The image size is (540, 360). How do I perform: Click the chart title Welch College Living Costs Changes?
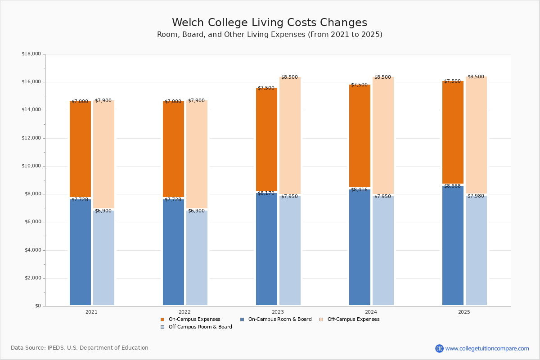tap(270, 22)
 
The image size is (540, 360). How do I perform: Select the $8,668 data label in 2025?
tap(453, 186)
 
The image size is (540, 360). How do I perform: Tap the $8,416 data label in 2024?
tap(359, 190)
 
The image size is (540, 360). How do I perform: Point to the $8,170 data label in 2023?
tap(266, 193)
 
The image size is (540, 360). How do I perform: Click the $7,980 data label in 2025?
tap(476, 196)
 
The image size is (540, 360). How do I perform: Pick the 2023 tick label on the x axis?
tap(278, 312)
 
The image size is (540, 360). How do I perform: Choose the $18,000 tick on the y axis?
tap(31, 54)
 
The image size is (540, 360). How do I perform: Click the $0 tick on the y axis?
tap(38, 306)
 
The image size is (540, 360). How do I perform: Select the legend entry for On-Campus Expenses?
tap(190, 319)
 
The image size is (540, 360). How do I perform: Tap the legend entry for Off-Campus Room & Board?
tap(196, 327)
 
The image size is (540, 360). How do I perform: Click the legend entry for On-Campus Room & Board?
tap(276, 319)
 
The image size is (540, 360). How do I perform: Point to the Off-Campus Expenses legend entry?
tap(350, 319)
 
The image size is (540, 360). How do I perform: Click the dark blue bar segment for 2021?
tap(80, 252)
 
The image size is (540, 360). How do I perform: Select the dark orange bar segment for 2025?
tap(453, 132)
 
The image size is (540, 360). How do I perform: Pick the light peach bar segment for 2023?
tap(290, 135)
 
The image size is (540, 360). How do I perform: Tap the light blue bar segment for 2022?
tap(197, 258)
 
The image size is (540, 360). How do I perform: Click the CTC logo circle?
tap(439, 348)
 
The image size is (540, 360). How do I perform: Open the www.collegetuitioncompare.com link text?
tap(487, 348)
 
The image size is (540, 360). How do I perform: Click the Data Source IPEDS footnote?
tap(80, 348)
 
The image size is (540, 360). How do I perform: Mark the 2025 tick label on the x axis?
tap(464, 312)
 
